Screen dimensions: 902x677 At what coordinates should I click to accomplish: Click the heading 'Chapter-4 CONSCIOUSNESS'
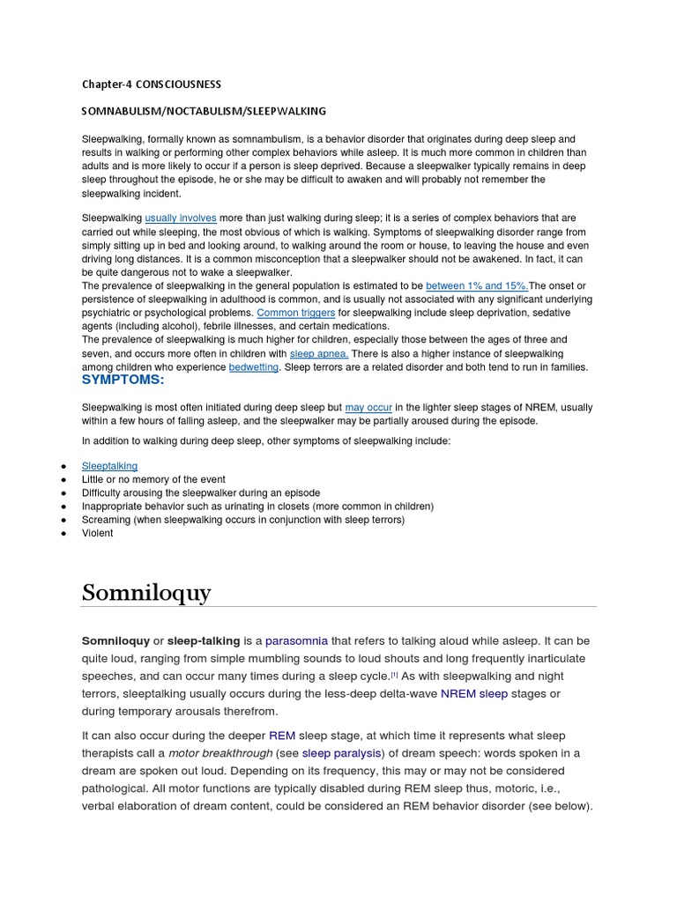tap(152, 85)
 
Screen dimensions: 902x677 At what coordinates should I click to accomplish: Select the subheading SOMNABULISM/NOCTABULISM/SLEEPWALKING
tap(204, 111)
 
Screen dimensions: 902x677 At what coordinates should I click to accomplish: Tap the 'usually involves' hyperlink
tap(181, 218)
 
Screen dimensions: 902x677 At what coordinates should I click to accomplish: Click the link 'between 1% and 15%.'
tap(477, 286)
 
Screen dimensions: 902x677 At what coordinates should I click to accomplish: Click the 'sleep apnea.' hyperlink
tap(319, 353)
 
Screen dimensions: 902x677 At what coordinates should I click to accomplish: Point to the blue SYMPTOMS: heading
tap(123, 380)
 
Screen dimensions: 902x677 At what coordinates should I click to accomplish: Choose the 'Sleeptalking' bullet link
tap(110, 466)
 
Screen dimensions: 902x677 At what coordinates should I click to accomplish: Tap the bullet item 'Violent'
tap(98, 533)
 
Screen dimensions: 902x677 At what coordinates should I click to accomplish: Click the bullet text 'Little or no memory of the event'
tap(153, 480)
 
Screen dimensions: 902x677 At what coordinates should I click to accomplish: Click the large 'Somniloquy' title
tap(146, 593)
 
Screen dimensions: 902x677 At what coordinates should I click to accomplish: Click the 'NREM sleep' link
tap(474, 693)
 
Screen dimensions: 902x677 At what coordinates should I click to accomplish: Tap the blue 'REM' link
tap(282, 736)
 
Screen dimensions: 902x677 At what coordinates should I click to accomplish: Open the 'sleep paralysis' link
tap(342, 753)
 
